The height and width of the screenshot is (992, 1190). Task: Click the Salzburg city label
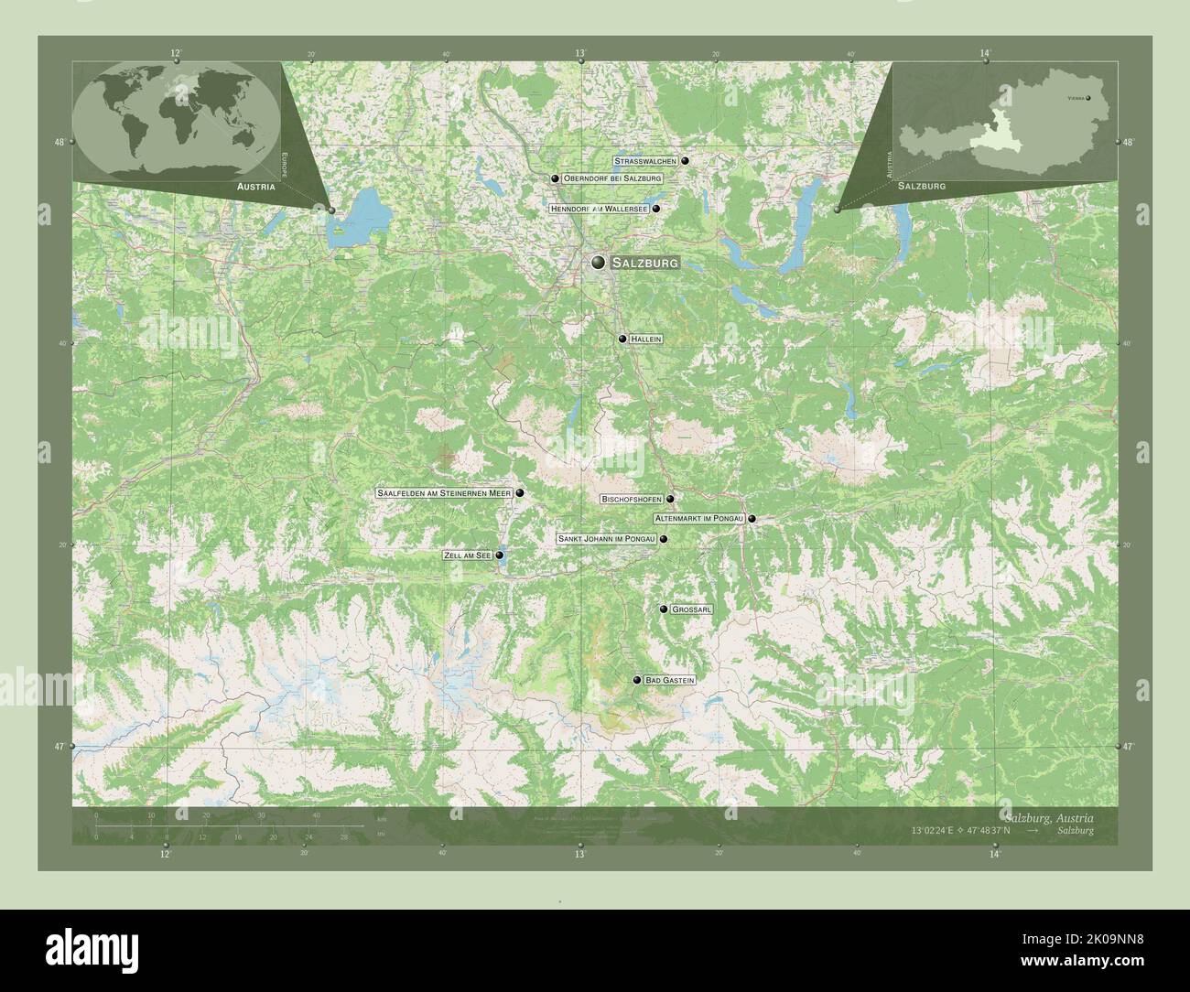[x=645, y=263]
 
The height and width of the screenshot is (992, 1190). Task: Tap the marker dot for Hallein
[x=622, y=339]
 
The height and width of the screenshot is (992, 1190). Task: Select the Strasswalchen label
[x=645, y=161]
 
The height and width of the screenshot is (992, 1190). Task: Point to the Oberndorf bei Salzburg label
[x=612, y=178]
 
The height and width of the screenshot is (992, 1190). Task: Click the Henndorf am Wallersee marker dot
[x=656, y=209]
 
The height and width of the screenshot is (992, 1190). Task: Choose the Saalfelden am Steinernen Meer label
[x=443, y=493]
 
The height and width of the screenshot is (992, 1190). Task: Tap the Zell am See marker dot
[x=499, y=555]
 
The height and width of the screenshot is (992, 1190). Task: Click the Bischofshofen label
[x=632, y=500]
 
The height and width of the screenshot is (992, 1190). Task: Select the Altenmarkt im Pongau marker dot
[x=752, y=519]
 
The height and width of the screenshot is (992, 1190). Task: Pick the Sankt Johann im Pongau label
[x=606, y=539]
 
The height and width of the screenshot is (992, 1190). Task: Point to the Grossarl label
[x=692, y=609]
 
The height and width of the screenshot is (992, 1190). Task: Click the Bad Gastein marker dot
[x=637, y=680]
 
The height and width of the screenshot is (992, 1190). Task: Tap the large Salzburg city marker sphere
[x=599, y=263]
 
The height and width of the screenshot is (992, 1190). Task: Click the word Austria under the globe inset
[x=255, y=186]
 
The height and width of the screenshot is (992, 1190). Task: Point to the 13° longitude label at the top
[x=580, y=54]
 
